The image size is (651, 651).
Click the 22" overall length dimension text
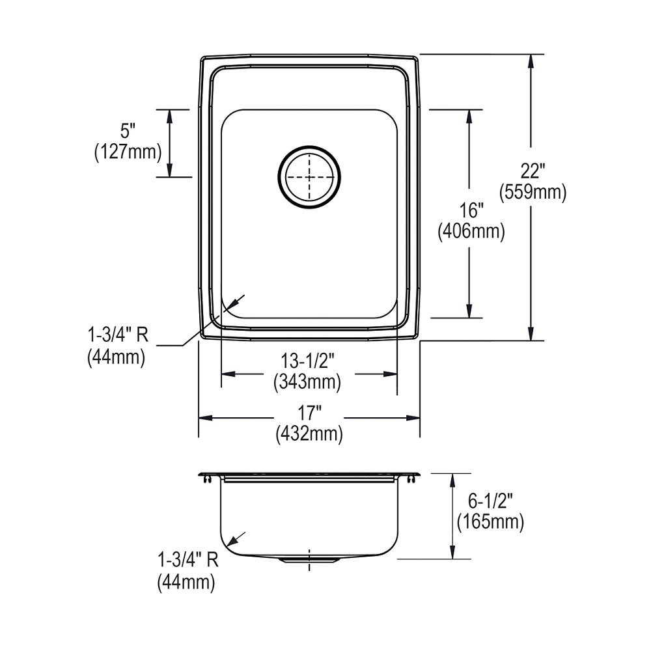[532, 172]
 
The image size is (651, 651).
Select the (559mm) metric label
[532, 192]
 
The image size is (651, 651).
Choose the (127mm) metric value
[127, 152]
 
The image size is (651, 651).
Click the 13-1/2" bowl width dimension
[308, 362]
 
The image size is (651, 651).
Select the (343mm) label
[308, 382]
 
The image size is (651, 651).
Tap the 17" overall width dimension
[309, 413]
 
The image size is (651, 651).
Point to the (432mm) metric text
[309, 432]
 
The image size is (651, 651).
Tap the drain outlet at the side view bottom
[309, 559]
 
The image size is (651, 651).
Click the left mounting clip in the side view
[207, 479]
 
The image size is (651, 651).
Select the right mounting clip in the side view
[411, 479]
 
